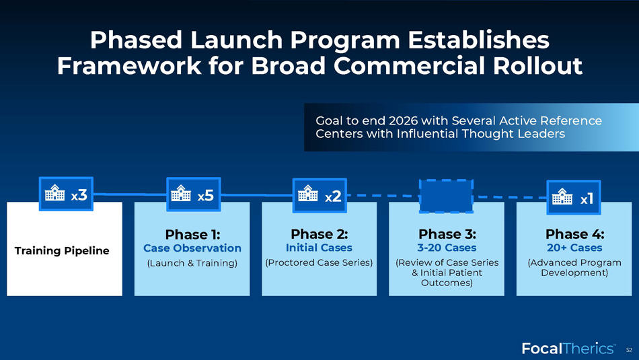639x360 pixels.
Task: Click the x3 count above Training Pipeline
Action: click(79, 195)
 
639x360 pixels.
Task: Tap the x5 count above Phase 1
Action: click(206, 196)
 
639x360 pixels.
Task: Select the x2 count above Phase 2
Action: click(333, 196)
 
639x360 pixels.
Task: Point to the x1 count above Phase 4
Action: click(587, 199)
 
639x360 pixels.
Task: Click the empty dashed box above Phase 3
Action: click(446, 196)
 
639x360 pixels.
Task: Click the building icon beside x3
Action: click(54, 193)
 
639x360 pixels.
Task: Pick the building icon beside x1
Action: click(562, 196)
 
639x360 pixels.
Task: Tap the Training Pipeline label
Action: click(62, 251)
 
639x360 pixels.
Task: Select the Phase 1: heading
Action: click(192, 234)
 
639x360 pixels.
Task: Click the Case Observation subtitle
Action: click(192, 248)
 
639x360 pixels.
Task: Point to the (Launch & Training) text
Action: click(192, 263)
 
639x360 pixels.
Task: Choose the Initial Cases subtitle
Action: click(319, 248)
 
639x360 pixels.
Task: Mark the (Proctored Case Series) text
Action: click(319, 262)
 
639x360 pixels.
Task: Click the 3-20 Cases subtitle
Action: click(447, 248)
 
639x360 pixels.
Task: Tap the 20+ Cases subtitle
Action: click(574, 248)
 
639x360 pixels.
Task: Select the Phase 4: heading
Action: click(574, 234)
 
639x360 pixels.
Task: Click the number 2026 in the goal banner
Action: click(403, 120)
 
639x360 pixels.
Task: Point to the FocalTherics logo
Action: click(568, 349)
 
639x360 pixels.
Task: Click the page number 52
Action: click(629, 350)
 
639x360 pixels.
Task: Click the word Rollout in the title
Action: click(537, 66)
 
